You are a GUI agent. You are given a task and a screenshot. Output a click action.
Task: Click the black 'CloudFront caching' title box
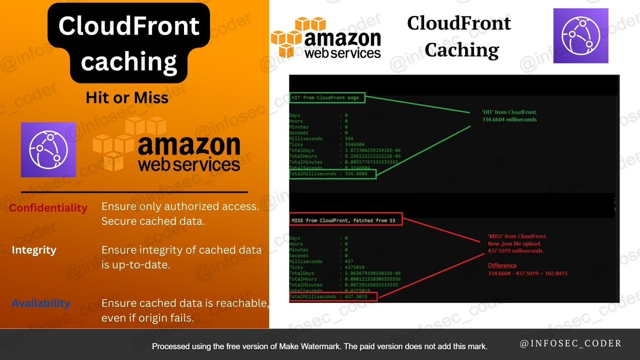129,44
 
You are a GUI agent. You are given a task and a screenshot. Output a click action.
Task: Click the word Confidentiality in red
48,208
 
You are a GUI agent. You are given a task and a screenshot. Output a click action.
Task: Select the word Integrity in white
34,250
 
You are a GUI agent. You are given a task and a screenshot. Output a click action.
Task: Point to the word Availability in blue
41,303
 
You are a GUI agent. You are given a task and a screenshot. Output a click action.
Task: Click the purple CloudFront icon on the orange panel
49,150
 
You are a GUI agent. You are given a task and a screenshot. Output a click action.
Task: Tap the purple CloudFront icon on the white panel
573,36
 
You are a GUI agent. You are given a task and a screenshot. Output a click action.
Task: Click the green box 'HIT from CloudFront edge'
327,98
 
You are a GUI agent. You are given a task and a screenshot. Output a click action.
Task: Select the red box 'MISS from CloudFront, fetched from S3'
346,219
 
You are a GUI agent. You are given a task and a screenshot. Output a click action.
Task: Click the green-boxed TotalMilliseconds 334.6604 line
332,174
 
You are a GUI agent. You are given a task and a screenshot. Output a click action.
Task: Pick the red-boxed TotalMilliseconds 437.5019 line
333,296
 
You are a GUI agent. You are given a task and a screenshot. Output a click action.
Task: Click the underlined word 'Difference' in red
502,265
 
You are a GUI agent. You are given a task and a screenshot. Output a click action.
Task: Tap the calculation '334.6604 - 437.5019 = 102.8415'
527,274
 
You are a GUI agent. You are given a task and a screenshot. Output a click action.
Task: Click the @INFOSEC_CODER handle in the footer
571,343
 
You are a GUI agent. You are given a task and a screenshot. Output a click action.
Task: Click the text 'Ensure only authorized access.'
180,207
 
